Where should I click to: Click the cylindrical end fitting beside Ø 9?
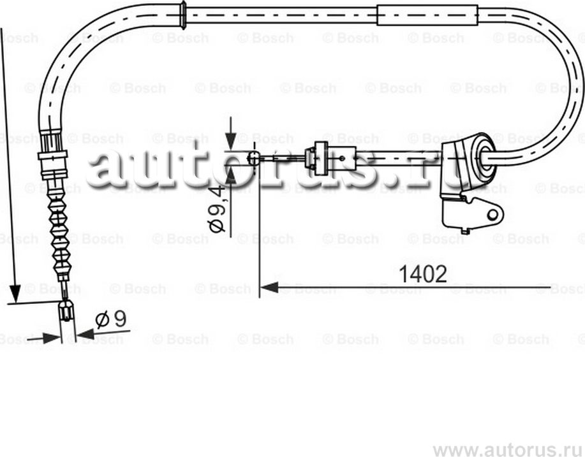coord(66,313)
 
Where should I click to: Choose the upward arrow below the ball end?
coord(231,173)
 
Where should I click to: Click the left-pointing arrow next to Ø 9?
coord(84,333)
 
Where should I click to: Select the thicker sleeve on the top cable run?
coord(427,15)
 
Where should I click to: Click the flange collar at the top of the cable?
coord(182,14)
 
